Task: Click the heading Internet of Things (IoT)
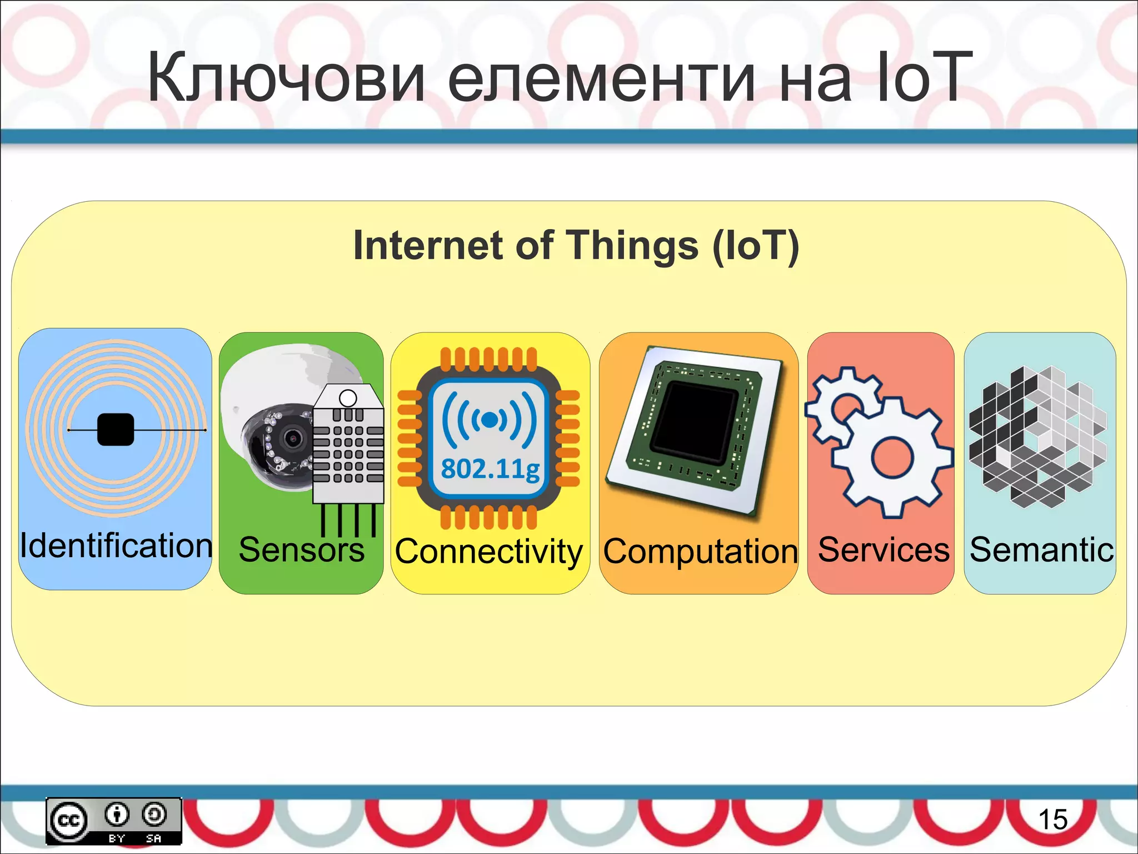576,246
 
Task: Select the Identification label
116,545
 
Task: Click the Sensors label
302,550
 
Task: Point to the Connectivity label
489,552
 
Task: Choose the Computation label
701,552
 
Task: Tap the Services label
884,550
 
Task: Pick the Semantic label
1041,550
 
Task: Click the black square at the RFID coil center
116,430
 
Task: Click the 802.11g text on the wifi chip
490,469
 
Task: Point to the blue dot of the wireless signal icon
490,420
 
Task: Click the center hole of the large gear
892,458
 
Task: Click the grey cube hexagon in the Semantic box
1037,436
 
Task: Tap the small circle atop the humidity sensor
348,398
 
